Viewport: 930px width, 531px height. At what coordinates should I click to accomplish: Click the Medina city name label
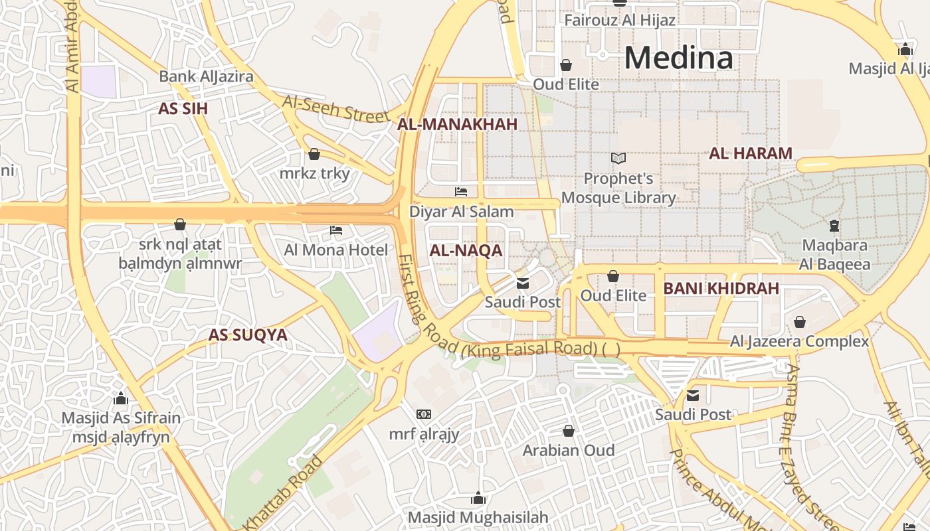click(679, 58)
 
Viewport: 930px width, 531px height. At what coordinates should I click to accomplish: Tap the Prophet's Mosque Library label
click(618, 188)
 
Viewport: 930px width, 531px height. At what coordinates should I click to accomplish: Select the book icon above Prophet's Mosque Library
click(618, 159)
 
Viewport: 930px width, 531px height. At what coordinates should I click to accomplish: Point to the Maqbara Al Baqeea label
click(834, 255)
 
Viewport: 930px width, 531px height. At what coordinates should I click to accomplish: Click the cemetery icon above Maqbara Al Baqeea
click(834, 226)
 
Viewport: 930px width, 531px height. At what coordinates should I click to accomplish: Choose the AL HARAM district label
click(751, 153)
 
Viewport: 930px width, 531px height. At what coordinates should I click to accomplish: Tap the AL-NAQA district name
click(466, 251)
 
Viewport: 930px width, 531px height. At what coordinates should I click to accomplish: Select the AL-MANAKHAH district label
click(457, 124)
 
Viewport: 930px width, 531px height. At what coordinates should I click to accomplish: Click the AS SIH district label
click(183, 109)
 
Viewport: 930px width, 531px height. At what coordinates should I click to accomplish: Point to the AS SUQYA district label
click(248, 335)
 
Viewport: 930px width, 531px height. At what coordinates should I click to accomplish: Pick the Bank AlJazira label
click(206, 76)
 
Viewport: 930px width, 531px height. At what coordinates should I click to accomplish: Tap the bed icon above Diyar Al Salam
click(461, 192)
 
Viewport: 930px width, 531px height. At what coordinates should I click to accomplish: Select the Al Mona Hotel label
click(336, 250)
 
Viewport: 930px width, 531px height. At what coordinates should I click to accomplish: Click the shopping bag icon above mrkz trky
click(314, 154)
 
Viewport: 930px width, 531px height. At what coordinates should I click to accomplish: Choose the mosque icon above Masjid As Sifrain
click(121, 398)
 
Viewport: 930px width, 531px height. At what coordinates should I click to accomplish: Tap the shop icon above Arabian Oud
click(568, 431)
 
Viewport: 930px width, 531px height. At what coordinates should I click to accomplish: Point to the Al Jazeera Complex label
click(800, 342)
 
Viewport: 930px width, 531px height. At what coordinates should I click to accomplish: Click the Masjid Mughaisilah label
click(478, 517)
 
